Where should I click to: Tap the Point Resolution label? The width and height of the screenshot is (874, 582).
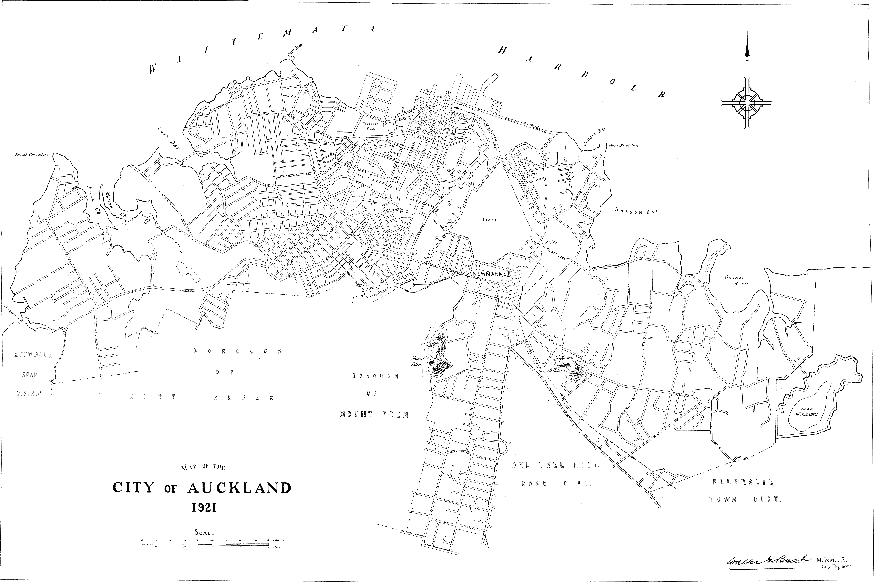point(623,145)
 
